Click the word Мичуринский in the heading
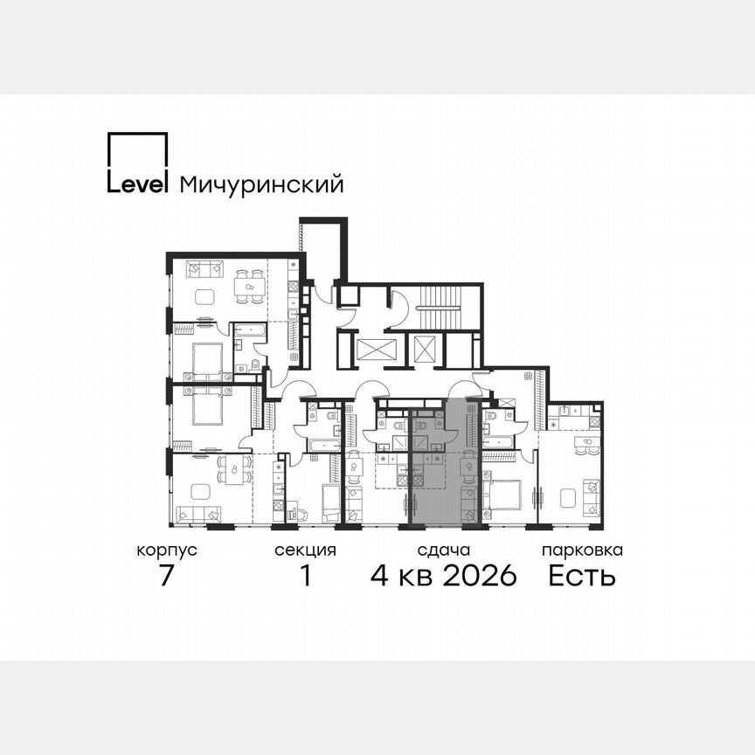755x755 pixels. pyautogui.click(x=260, y=185)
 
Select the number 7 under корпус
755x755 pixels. pyautogui.click(x=166, y=577)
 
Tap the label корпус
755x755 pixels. pyautogui.click(x=166, y=551)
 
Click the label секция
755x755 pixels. pyautogui.click(x=305, y=551)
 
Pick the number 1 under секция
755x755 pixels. pyautogui.click(x=305, y=577)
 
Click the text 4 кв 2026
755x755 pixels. pyautogui.click(x=444, y=577)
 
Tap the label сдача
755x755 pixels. pyautogui.click(x=444, y=551)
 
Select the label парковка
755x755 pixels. pyautogui.click(x=582, y=551)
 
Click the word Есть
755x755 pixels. pyautogui.click(x=582, y=577)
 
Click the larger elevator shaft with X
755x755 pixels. pyautogui.click(x=377, y=351)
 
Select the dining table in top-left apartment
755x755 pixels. pyautogui.click(x=248, y=286)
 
